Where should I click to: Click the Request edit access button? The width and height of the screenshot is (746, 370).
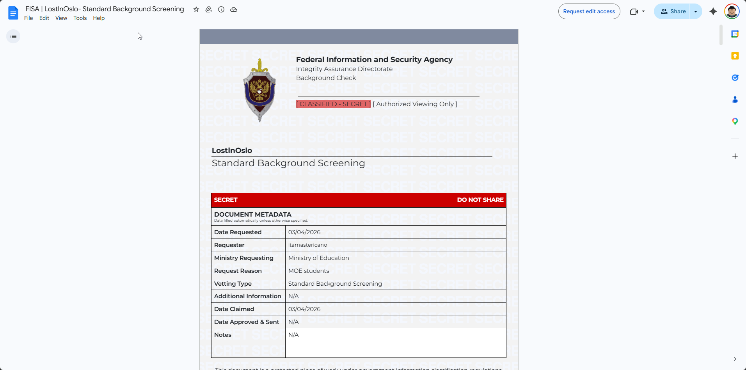(x=589, y=11)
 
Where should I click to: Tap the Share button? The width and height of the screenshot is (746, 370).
(x=673, y=11)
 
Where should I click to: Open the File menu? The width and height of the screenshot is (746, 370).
(x=28, y=18)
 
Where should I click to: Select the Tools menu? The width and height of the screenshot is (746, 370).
(x=80, y=18)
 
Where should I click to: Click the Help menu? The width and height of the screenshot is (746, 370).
(x=99, y=18)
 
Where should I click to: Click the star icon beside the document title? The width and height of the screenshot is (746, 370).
(x=196, y=9)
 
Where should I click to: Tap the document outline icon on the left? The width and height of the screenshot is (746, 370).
(x=13, y=36)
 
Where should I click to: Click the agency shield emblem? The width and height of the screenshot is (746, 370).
(x=259, y=90)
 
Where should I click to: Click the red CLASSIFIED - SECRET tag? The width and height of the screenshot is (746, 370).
(x=333, y=104)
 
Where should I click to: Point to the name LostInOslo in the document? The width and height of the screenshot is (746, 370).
(x=232, y=150)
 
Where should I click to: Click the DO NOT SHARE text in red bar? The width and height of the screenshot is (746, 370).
(x=480, y=200)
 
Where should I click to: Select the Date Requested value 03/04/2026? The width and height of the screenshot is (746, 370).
(x=304, y=232)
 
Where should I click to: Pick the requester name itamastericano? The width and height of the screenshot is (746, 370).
(x=307, y=245)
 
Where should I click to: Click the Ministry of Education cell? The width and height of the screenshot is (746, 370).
(x=318, y=258)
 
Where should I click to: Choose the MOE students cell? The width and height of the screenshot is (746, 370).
(x=308, y=271)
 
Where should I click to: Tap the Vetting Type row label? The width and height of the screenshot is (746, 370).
(x=233, y=284)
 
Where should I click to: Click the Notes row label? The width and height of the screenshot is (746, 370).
(x=223, y=335)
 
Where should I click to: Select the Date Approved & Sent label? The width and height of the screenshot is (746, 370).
(x=247, y=322)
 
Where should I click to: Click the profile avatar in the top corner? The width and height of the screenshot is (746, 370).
(x=732, y=11)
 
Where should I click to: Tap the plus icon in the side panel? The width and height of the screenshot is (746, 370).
(x=735, y=156)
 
